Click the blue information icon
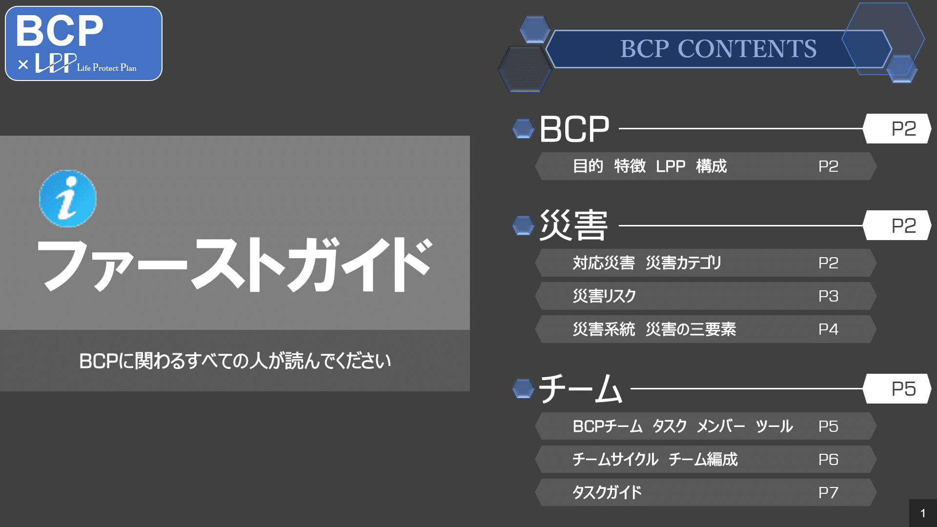(x=68, y=199)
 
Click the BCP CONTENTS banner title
(x=718, y=49)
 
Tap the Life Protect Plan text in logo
(x=106, y=68)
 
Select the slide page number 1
(x=922, y=513)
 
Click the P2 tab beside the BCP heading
(x=903, y=129)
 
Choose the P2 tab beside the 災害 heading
(x=903, y=225)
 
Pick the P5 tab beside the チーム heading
(x=903, y=389)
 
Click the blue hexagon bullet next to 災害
(x=523, y=225)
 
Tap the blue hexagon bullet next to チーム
(x=523, y=389)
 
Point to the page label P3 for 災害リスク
(x=828, y=296)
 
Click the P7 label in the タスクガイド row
(x=828, y=493)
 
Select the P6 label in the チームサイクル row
(x=828, y=460)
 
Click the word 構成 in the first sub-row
(x=711, y=166)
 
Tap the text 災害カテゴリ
(x=683, y=263)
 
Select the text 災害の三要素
(x=691, y=329)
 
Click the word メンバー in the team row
(x=720, y=426)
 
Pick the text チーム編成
(x=703, y=460)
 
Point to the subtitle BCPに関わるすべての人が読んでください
(x=235, y=361)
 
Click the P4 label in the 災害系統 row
(x=828, y=329)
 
